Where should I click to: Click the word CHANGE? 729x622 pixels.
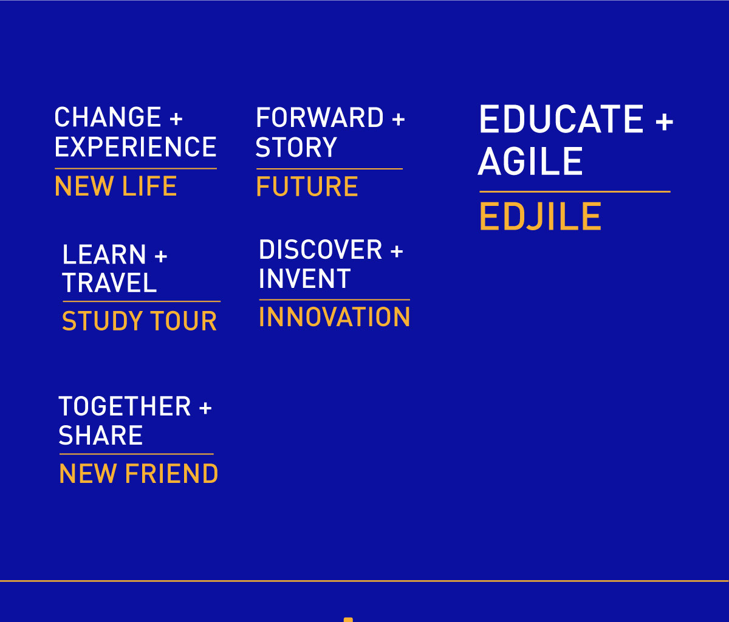[x=108, y=117]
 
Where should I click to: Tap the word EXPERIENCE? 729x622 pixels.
[x=135, y=146]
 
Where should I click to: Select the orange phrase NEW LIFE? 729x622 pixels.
[x=115, y=186]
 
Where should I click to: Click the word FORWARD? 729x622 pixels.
[x=320, y=117]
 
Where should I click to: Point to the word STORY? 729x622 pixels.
[x=296, y=147]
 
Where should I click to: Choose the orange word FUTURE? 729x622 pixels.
[x=307, y=186]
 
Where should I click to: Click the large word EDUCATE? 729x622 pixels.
[x=561, y=119]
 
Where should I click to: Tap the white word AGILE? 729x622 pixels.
[x=530, y=161]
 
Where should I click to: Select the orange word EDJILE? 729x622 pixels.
[x=540, y=216]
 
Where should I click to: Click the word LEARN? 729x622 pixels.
[x=104, y=255]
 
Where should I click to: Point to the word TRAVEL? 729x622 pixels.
[x=109, y=282]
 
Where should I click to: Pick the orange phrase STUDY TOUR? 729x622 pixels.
[x=139, y=321]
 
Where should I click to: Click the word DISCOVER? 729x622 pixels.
[x=321, y=250]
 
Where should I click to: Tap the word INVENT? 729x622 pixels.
[x=305, y=279]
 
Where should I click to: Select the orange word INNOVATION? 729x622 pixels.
[x=334, y=316]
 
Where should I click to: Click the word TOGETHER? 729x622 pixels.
[x=125, y=406]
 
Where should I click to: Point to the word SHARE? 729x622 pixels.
[x=100, y=436]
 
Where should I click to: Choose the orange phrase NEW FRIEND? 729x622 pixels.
[x=139, y=474]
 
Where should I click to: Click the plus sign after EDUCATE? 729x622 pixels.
[x=665, y=121]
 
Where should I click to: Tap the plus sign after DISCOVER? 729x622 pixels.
[x=397, y=251]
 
